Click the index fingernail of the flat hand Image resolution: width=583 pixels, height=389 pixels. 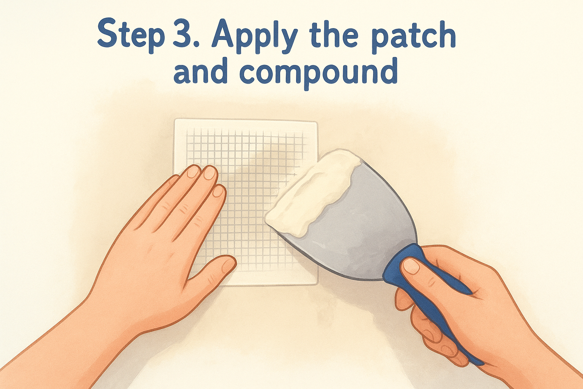tap(219, 191)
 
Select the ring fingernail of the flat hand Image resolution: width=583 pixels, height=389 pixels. tap(193, 172)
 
